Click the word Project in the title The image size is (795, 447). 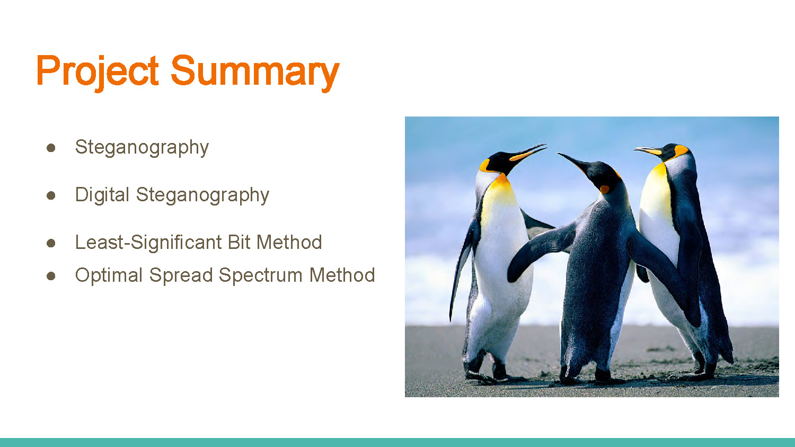tap(98, 71)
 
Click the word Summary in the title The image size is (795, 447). tap(254, 71)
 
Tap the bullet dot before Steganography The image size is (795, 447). tap(51, 148)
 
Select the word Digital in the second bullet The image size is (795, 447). tap(102, 195)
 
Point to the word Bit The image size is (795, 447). tap(239, 243)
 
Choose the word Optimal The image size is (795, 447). tap(108, 275)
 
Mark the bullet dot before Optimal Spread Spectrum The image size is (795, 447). tap(51, 276)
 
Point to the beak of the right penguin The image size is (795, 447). tap(648, 151)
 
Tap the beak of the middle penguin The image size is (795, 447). tap(572, 161)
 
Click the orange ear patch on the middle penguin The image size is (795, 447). tap(604, 189)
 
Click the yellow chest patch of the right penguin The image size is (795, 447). tap(656, 191)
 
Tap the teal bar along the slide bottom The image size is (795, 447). tap(397, 442)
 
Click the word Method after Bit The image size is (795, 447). tap(289, 243)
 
